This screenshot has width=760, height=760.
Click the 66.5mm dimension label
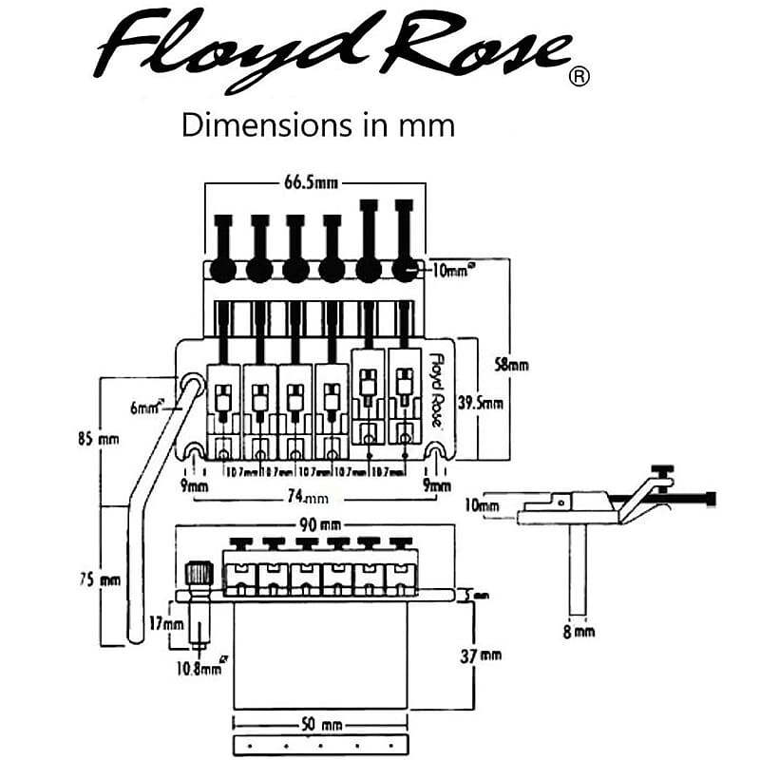tap(315, 181)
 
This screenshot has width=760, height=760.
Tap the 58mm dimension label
tap(513, 363)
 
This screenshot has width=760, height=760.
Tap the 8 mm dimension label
tap(579, 630)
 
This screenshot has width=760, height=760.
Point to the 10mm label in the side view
tap(482, 504)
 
